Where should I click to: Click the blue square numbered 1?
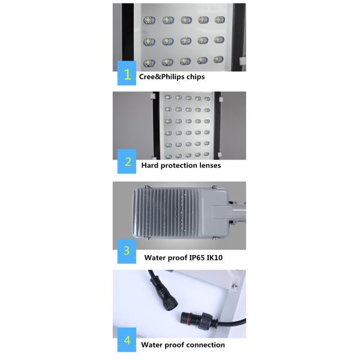click(x=127, y=75)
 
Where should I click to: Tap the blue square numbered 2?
click(x=127, y=161)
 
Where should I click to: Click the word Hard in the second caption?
click(x=151, y=165)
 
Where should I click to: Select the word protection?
click(x=178, y=165)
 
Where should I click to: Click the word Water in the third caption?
click(x=155, y=258)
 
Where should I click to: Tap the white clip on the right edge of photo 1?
click(x=239, y=61)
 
